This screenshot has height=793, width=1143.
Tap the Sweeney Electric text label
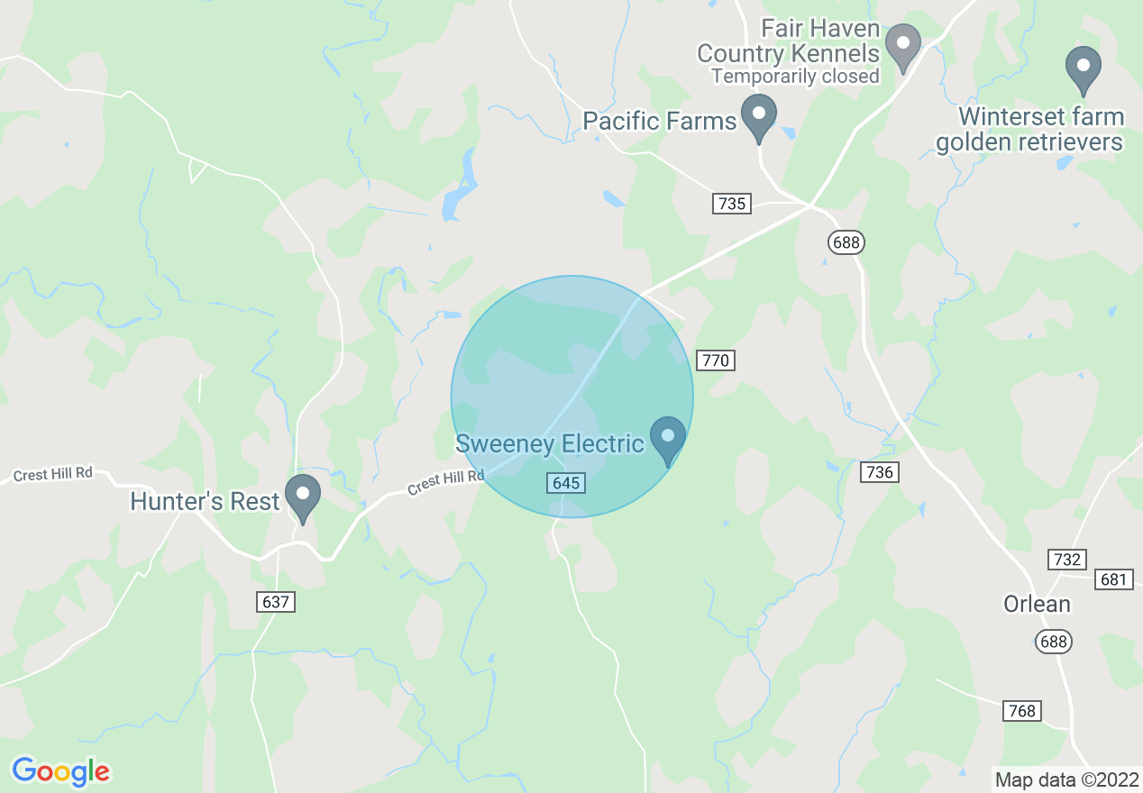550,443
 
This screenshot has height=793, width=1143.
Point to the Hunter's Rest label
205,501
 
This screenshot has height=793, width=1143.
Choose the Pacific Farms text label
660,121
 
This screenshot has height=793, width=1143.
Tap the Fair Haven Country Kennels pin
902,46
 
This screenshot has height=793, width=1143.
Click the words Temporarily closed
795,77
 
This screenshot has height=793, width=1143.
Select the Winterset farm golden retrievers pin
1084,68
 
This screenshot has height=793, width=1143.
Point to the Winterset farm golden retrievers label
1029,130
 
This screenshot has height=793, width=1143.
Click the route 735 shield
732,203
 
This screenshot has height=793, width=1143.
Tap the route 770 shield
716,360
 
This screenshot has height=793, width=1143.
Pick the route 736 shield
879,472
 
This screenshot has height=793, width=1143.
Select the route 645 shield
566,483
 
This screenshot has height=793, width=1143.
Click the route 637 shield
276,601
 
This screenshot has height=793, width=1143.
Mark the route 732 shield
1066,560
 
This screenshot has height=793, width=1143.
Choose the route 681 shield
1115,579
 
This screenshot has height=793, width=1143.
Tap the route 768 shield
1022,711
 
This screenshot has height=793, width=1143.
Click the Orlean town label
1038,604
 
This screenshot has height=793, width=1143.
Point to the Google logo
61,771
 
